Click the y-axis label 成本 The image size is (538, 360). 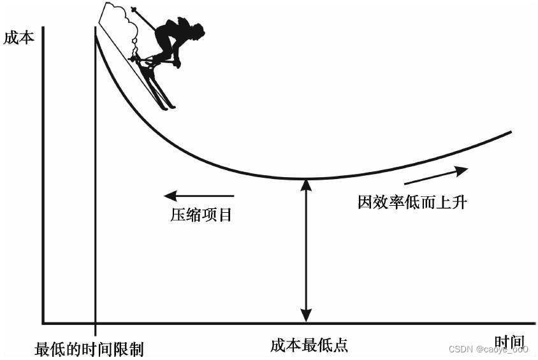point(18,38)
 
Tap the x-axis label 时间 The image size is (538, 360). point(509,342)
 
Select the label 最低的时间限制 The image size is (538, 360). point(89,349)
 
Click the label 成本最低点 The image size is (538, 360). point(309,345)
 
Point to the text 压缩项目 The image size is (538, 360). point(200,214)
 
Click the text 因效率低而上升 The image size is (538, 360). point(412,203)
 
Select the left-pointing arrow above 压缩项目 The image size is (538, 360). point(198,196)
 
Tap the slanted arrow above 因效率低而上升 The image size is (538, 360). point(436,175)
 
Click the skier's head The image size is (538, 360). point(196,31)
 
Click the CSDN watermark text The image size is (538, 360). point(488,349)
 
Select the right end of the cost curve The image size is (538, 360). point(511,132)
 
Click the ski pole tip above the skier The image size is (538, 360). point(133,9)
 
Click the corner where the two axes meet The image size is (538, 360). point(43,322)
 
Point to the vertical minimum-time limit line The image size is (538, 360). point(96,191)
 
